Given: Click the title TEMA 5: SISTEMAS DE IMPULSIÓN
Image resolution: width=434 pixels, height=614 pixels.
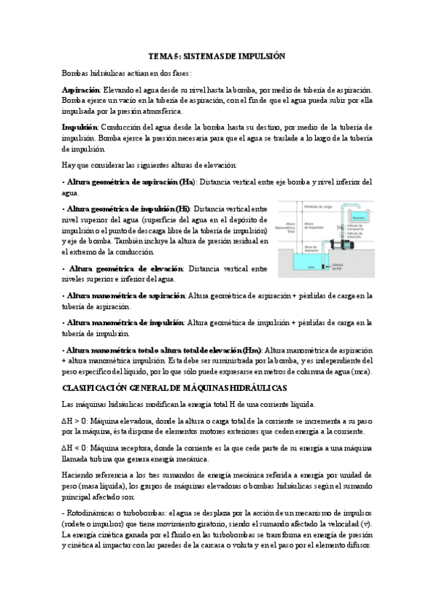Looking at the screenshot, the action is pos(217,56).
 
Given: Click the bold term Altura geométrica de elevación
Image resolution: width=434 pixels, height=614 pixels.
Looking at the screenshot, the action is pos(125,269).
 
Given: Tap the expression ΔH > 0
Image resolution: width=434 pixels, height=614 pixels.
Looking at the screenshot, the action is pos(72,420).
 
